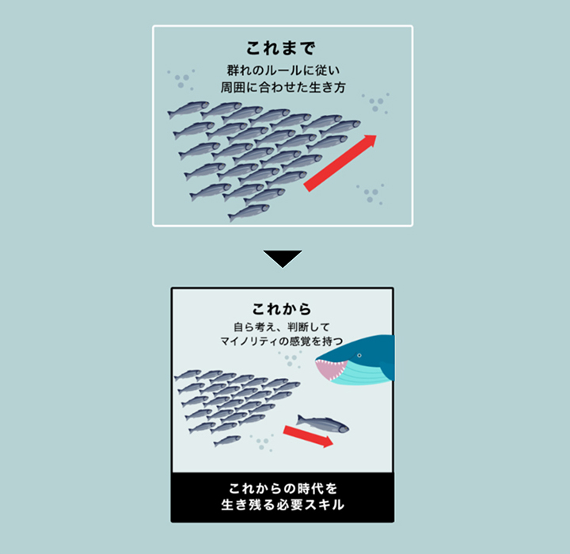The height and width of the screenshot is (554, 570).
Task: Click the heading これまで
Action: (x=280, y=48)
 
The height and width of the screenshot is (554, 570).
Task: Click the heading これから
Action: (x=282, y=309)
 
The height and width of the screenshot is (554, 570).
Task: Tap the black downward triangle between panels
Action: (x=283, y=259)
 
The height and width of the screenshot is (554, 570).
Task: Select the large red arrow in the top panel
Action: (x=340, y=163)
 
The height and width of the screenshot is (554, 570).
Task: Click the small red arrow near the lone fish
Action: (x=308, y=437)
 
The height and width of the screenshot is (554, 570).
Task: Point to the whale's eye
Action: (x=359, y=355)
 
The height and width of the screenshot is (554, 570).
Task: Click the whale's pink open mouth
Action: (x=329, y=369)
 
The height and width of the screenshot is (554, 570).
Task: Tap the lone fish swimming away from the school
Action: (x=322, y=424)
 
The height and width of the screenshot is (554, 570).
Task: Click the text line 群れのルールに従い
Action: (x=283, y=71)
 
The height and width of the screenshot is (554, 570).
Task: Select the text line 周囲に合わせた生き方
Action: (x=283, y=87)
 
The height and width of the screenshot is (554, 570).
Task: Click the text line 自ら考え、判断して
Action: (x=282, y=327)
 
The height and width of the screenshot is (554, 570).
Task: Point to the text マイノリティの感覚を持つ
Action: (x=282, y=341)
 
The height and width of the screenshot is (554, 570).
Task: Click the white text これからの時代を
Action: (x=283, y=488)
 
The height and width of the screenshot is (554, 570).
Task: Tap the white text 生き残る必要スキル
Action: (x=283, y=505)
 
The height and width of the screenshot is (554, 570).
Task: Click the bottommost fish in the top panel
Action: (x=249, y=212)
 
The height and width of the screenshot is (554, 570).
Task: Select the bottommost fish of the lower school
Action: (x=227, y=441)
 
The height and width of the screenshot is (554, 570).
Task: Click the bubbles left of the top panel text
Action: (x=181, y=80)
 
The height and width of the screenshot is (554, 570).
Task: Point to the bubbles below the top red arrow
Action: (x=370, y=194)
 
